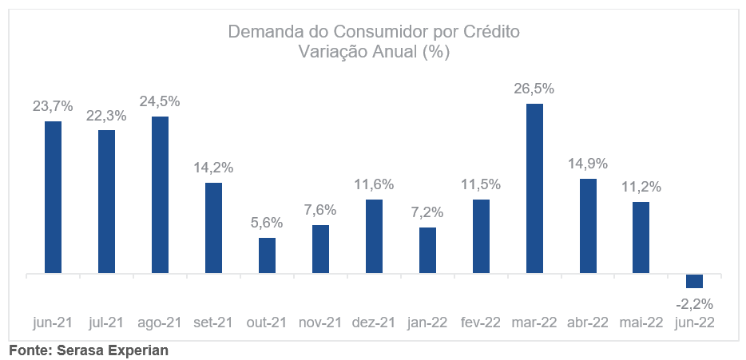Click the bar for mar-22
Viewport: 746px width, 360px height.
pyautogui.click(x=534, y=188)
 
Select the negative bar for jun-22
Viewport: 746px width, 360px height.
pyautogui.click(x=694, y=281)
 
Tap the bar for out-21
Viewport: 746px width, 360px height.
pyautogui.click(x=267, y=255)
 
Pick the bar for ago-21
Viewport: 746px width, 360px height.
pyautogui.click(x=160, y=195)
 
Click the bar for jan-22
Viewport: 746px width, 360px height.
pyautogui.click(x=427, y=250)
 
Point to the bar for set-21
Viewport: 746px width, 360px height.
pyautogui.click(x=213, y=228)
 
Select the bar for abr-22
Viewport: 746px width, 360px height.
pyautogui.click(x=588, y=226)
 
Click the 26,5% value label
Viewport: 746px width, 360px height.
pyautogui.click(x=534, y=89)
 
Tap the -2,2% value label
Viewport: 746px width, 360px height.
pyautogui.click(x=693, y=303)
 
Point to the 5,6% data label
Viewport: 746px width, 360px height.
pyautogui.click(x=267, y=223)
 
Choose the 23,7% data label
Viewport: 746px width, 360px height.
pyautogui.click(x=53, y=106)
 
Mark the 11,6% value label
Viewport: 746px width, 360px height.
pyautogui.click(x=374, y=184)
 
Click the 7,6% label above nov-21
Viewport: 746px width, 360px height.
pyautogui.click(x=320, y=210)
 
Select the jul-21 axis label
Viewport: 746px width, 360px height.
pyautogui.click(x=106, y=322)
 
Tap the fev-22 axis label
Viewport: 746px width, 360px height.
pyautogui.click(x=481, y=322)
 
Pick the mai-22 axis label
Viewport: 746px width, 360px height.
pyautogui.click(x=641, y=322)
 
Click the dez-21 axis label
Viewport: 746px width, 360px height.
pyautogui.click(x=374, y=322)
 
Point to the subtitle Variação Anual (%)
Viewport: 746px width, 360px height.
pyautogui.click(x=374, y=53)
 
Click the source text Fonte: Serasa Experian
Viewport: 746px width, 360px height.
pyautogui.click(x=89, y=350)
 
